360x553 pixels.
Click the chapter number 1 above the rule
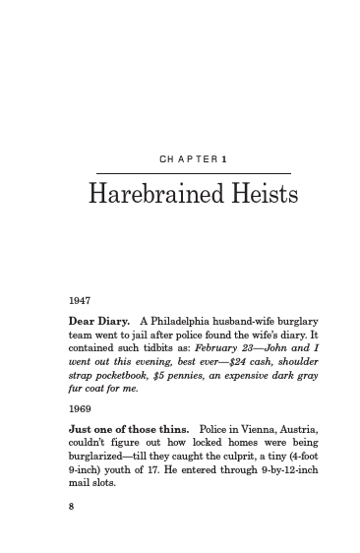tap(225, 159)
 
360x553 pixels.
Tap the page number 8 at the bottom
tap(71, 508)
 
